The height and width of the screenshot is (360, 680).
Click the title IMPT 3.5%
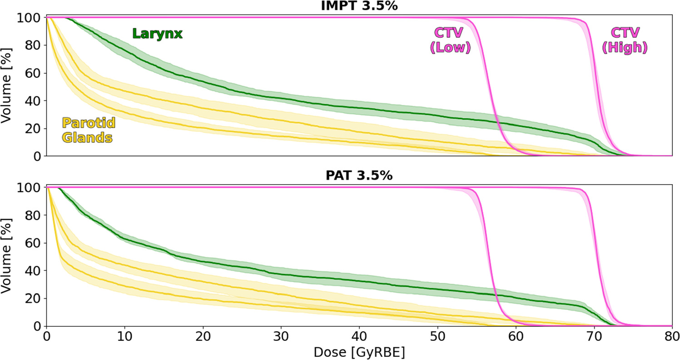coord(359,6)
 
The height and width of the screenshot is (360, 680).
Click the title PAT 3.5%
coord(359,176)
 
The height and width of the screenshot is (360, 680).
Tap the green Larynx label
coord(157,34)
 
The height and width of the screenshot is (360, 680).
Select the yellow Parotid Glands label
coord(88,130)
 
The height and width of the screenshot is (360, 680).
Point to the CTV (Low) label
coord(452,40)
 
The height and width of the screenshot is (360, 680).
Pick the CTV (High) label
coord(625,40)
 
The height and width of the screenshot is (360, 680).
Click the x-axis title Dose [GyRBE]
coord(359,352)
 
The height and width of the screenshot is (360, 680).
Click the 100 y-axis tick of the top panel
coord(30,18)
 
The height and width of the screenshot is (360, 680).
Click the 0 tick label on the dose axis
coord(46,337)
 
